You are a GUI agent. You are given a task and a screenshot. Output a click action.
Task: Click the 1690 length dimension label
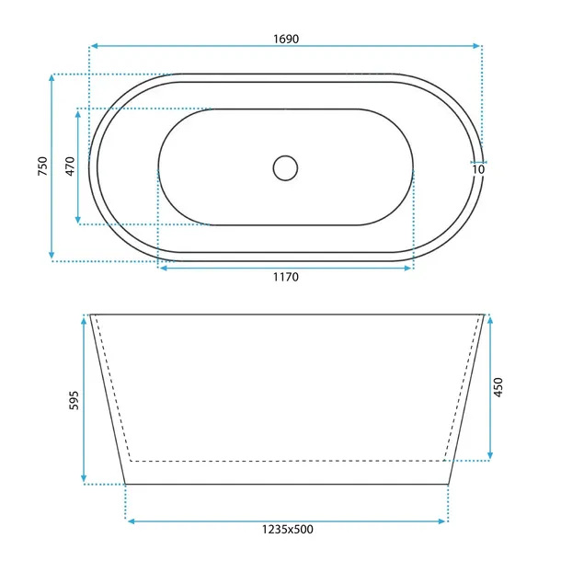click(286, 39)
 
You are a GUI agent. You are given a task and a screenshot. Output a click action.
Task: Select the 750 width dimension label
click(42, 166)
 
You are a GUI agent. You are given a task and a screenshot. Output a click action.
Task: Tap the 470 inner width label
click(70, 166)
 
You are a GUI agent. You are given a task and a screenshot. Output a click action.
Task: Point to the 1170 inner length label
click(286, 277)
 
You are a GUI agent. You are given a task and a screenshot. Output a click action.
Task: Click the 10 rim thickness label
click(478, 169)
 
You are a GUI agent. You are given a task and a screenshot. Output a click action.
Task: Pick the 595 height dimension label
click(74, 400)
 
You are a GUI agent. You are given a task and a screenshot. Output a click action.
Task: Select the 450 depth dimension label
click(498, 387)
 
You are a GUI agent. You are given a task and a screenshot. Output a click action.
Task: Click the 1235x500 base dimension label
click(288, 529)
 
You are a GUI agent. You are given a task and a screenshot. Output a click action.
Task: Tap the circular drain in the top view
click(285, 167)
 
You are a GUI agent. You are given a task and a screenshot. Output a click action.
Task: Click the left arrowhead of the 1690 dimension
click(94, 46)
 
